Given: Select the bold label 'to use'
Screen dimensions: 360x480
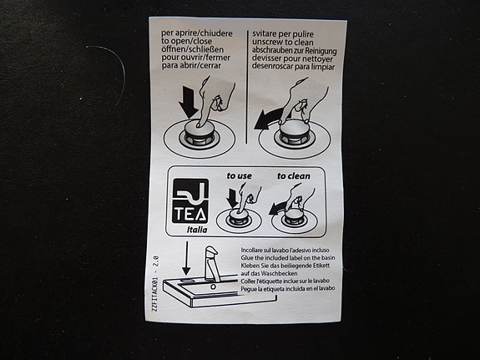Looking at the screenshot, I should point(240,176).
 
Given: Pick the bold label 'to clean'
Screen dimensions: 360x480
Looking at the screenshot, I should point(293,176).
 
